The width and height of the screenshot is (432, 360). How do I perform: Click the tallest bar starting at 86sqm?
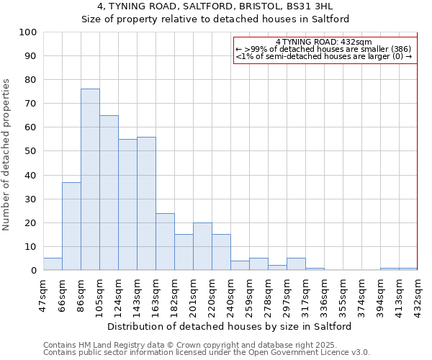point(90,179)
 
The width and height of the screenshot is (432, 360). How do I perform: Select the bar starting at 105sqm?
point(109,192)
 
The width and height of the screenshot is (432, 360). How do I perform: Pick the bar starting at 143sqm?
point(146,203)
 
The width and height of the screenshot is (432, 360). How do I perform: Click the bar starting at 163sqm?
point(165,241)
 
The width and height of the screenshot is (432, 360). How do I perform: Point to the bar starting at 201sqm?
point(202,246)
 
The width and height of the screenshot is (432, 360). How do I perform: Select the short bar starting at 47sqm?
point(53,264)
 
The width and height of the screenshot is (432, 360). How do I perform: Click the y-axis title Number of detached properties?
point(7,155)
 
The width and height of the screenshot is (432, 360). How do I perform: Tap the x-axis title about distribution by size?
point(230,326)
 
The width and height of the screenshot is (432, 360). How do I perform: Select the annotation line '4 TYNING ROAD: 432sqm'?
point(324,42)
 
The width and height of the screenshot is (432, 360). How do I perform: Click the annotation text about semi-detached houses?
point(324,56)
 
